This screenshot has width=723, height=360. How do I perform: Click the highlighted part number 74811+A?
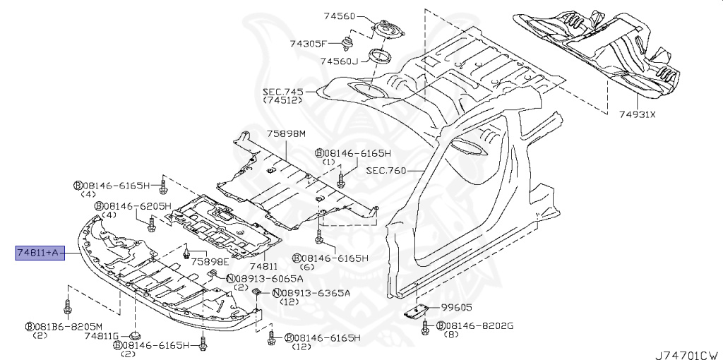[40, 252]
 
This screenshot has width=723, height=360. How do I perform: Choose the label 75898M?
[286, 133]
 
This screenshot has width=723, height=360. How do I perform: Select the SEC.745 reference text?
[282, 92]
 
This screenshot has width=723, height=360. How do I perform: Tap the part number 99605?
[457, 308]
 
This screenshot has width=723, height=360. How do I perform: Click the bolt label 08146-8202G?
[479, 325]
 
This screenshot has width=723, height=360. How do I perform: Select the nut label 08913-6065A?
[259, 278]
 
